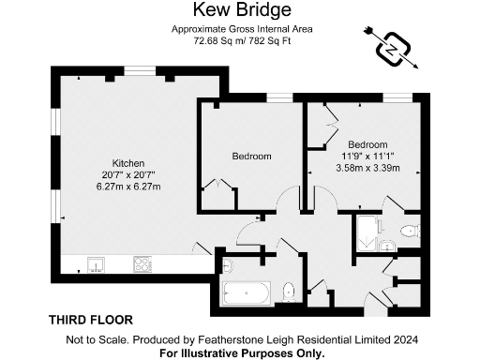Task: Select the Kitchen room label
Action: (x=128, y=161)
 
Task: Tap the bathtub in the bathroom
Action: (x=247, y=293)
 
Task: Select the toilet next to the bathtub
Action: (x=289, y=291)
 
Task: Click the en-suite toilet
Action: (x=408, y=231)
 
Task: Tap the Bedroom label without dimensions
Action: (x=251, y=156)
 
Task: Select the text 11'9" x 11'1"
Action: (x=367, y=156)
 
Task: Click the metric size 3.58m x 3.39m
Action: (x=367, y=169)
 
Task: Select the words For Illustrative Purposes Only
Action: (x=242, y=352)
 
